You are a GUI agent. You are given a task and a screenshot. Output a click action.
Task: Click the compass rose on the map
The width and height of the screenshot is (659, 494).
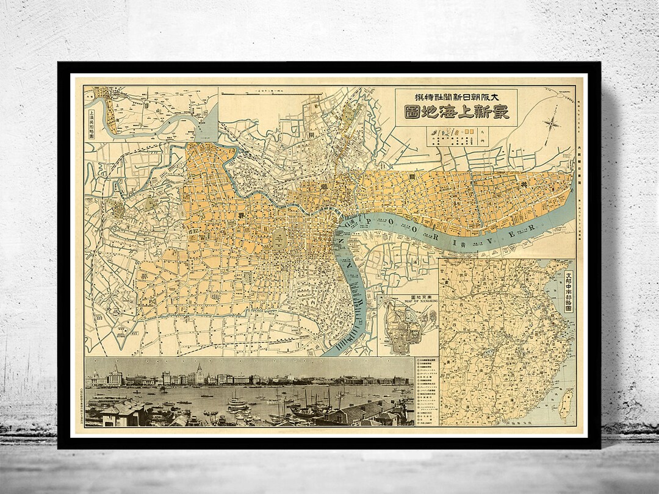pos(552,123)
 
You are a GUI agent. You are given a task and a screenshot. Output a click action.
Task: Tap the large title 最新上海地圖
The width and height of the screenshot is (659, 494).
pos(456,113)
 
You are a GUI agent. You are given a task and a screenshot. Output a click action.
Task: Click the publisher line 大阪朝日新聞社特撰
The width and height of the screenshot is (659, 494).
pos(456,97)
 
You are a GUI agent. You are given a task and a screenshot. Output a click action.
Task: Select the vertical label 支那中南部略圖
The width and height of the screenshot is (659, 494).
pos(569,293)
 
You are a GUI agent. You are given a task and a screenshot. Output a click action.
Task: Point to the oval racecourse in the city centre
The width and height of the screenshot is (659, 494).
pos(280,238)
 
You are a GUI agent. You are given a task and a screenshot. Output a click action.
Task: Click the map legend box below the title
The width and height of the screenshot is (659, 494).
pos(456,137)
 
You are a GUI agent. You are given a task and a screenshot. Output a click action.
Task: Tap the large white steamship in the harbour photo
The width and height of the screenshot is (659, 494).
pos(237,403)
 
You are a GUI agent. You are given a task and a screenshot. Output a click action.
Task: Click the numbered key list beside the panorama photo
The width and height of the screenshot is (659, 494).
pos(425,390)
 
